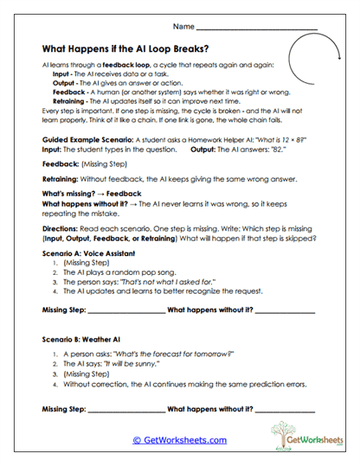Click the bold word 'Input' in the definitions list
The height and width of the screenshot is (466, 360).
coord(63,75)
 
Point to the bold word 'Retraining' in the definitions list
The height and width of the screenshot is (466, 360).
coord(72,100)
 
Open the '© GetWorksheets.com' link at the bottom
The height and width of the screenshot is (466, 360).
coord(180,440)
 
